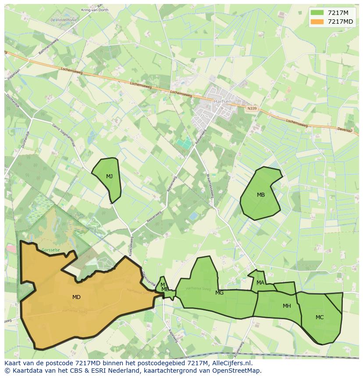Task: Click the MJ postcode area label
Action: point(109,176)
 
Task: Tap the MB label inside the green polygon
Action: point(261,195)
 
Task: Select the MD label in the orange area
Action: point(76,297)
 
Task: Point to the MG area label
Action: point(219,293)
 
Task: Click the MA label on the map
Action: point(260,283)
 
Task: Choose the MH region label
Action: point(287,306)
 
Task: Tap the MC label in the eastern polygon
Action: point(320,317)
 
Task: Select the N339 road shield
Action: point(252,108)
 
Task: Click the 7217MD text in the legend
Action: point(340,22)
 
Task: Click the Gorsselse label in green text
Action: point(50,249)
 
